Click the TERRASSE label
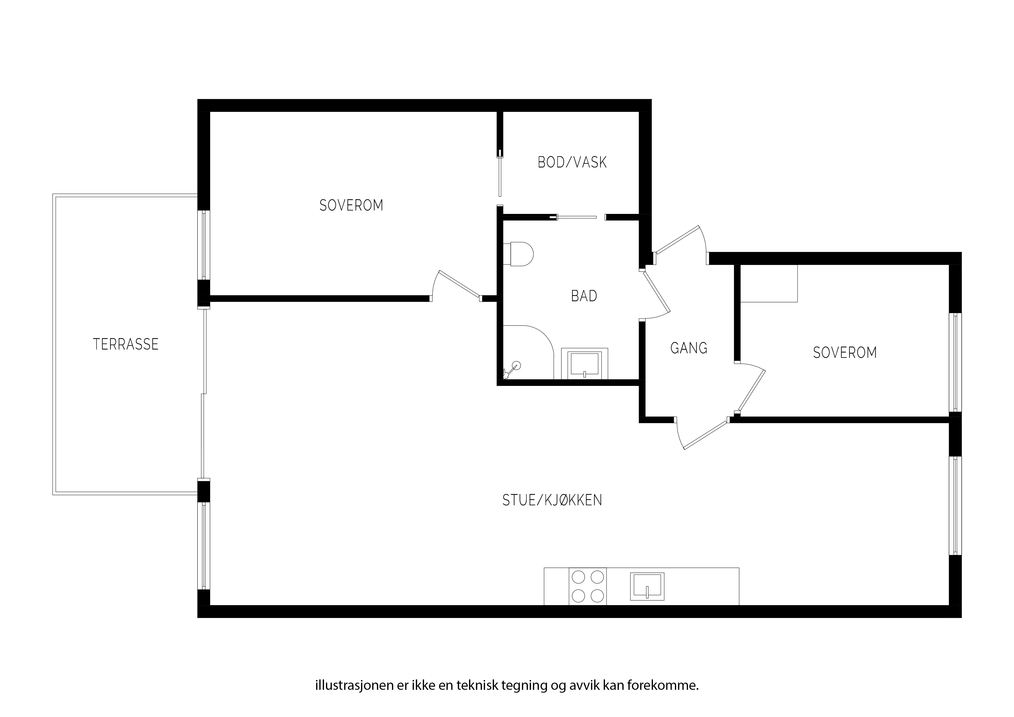click(x=126, y=344)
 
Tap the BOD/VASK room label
click(x=572, y=162)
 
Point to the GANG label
click(x=689, y=348)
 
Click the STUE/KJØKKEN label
click(x=552, y=500)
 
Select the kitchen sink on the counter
click(x=647, y=586)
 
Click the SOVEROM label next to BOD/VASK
click(x=351, y=206)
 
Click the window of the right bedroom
click(x=955, y=363)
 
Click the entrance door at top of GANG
click(x=680, y=245)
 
